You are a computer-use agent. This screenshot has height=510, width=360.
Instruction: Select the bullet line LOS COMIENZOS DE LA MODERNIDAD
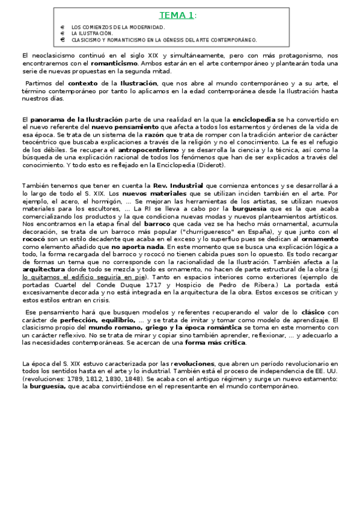coord(118,28)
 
